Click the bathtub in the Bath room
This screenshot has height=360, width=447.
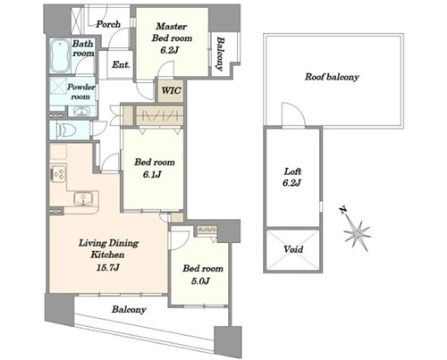click(60, 55)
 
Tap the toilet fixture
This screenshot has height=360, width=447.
click(67, 130)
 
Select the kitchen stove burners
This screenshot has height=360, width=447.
click(58, 174)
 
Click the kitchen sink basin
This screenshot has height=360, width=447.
click(83, 198)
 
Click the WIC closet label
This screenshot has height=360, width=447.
click(171, 90)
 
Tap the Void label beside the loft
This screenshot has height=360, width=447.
click(293, 249)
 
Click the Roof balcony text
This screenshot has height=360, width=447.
click(332, 77)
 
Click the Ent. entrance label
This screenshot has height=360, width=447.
click(121, 64)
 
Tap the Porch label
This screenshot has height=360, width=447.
click(108, 24)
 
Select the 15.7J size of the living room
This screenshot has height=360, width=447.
click(108, 267)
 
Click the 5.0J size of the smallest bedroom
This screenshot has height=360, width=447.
click(200, 280)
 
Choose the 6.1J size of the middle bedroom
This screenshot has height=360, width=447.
click(152, 174)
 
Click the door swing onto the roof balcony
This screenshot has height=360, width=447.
click(293, 114)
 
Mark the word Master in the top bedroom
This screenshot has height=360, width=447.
click(172, 26)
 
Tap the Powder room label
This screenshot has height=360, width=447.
click(80, 92)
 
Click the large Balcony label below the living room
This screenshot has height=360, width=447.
click(129, 309)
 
